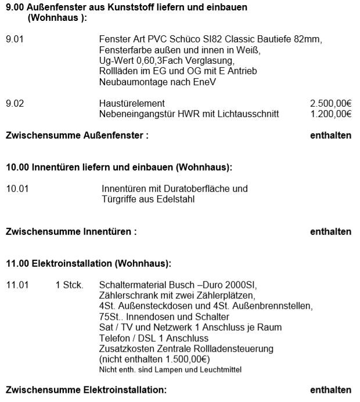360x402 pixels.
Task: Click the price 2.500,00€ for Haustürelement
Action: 331,103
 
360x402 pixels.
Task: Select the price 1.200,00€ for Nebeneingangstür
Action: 331,114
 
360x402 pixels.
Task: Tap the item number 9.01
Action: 15,39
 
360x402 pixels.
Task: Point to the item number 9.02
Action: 15,103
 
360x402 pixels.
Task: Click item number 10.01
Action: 17,189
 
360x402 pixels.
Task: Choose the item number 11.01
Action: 17,285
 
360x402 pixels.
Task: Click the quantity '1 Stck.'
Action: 69,285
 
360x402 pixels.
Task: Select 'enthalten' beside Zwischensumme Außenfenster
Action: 331,136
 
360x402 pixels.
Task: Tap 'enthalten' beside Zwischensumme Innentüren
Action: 331,231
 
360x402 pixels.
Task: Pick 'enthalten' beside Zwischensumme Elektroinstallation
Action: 331,390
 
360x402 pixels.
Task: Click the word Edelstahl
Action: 177,200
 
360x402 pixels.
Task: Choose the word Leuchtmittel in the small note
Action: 220,370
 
